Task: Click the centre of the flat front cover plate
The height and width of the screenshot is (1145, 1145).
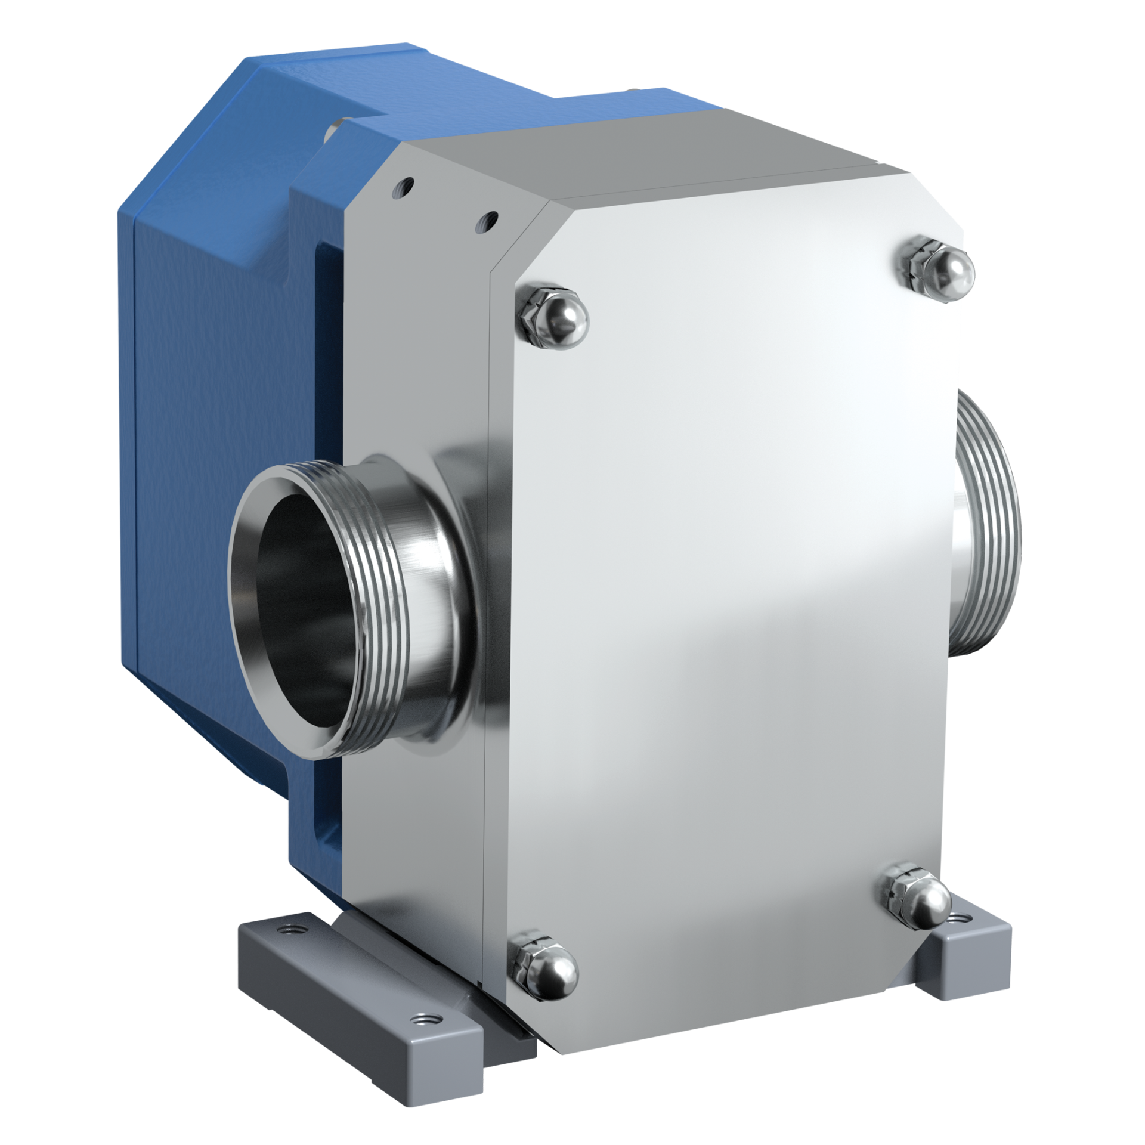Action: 734,596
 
